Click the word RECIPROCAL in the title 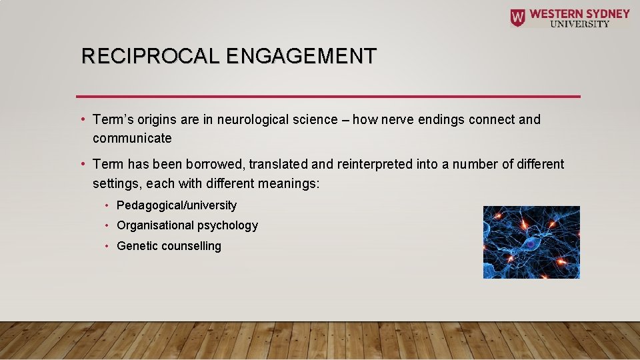(x=151, y=56)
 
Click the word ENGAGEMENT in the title (x=301, y=56)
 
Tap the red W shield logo (x=517, y=17)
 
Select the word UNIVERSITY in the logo (x=579, y=24)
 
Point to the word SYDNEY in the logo (x=605, y=13)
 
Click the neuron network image (x=531, y=242)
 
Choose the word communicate (x=132, y=139)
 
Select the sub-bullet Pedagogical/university (x=177, y=205)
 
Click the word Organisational (x=155, y=225)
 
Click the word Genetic (x=135, y=246)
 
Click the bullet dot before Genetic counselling (x=107, y=246)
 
